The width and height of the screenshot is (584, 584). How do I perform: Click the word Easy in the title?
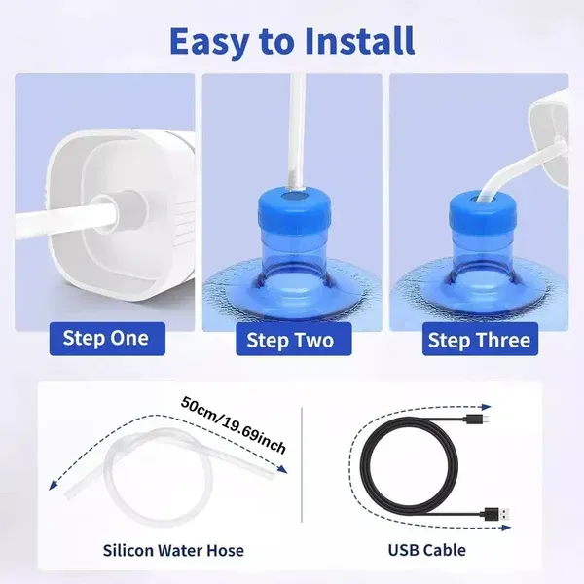[x=208, y=42]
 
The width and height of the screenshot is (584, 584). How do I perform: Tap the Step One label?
[x=107, y=339]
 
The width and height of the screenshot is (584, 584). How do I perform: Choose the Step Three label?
[x=480, y=340]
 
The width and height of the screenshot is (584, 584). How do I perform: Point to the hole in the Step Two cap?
[x=294, y=196]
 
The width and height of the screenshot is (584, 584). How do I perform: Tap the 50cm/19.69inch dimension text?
[x=234, y=424]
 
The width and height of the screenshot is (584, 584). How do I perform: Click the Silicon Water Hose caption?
[x=173, y=551]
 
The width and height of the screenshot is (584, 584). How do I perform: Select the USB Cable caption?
[x=427, y=551]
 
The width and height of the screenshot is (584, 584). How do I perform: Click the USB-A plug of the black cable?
[x=496, y=515]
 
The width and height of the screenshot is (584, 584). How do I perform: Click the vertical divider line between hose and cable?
[x=302, y=465]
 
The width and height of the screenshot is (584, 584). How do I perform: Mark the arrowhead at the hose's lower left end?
[x=54, y=485]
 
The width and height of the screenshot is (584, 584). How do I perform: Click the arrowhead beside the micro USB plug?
[x=487, y=407]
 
